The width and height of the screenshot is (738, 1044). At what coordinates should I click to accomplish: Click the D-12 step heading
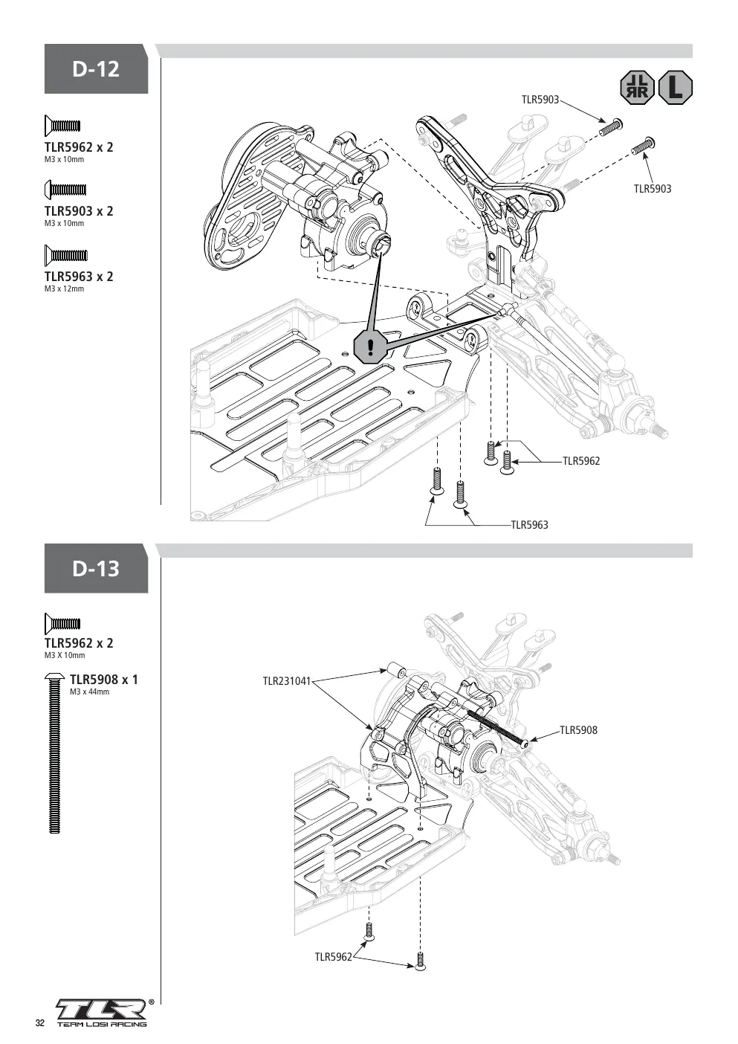pyautogui.click(x=96, y=69)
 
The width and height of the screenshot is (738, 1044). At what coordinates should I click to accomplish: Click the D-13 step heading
pyautogui.click(x=96, y=569)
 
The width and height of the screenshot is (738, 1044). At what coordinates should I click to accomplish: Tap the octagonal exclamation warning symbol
pyautogui.click(x=371, y=347)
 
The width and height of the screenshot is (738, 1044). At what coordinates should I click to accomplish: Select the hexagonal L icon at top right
pyautogui.click(x=675, y=88)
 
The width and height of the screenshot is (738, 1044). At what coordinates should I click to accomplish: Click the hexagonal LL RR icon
pyautogui.click(x=638, y=88)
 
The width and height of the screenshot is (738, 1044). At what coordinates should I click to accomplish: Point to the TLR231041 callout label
pyautogui.click(x=287, y=681)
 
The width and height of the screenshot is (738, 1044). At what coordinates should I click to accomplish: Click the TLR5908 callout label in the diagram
pyautogui.click(x=578, y=730)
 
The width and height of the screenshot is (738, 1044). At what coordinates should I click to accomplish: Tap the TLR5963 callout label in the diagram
pyautogui.click(x=529, y=525)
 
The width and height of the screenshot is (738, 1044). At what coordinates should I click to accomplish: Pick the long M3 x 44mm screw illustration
pyautogui.click(x=54, y=753)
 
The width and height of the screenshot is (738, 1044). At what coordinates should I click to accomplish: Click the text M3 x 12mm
pyautogui.click(x=65, y=289)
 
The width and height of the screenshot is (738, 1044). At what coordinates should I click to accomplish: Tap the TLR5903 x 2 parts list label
pyautogui.click(x=79, y=211)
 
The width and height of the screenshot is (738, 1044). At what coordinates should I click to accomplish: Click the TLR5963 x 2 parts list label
pyautogui.click(x=79, y=277)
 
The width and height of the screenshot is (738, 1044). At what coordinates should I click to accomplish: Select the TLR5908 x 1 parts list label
pyautogui.click(x=104, y=680)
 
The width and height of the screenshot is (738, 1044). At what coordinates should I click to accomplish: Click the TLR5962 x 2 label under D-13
pyautogui.click(x=79, y=643)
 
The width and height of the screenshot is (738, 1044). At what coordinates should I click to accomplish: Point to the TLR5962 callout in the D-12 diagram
pyautogui.click(x=581, y=461)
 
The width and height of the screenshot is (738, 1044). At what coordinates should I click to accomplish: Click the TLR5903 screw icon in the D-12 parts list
pyautogui.click(x=65, y=190)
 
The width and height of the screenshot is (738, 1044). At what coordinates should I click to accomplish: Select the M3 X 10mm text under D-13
pyautogui.click(x=65, y=655)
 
